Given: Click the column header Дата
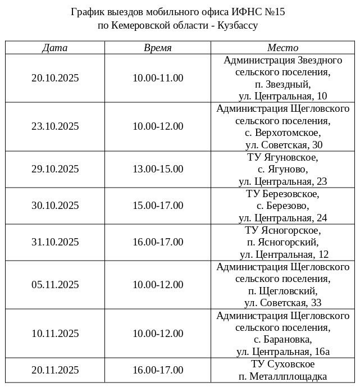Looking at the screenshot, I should (x=54, y=48).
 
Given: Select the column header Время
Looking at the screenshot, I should (x=158, y=48).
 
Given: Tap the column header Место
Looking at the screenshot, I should (x=282, y=48).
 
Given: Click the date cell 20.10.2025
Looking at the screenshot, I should (x=55, y=78).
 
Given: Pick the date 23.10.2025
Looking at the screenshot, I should (x=55, y=126).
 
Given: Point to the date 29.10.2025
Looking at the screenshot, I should (x=55, y=169).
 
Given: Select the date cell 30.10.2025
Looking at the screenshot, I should (x=55, y=206).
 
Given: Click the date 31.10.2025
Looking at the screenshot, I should (x=55, y=242).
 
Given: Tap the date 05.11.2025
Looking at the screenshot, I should (x=55, y=285).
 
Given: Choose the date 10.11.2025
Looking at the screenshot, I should (x=55, y=334).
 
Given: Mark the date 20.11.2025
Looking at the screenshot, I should (x=55, y=370).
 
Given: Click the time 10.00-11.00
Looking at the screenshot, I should (x=158, y=78).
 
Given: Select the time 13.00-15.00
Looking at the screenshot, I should (x=158, y=169).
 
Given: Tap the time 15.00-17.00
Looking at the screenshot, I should (x=158, y=206).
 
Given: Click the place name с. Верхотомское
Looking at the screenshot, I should (x=282, y=133).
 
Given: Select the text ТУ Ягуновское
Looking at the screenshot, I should (x=282, y=157).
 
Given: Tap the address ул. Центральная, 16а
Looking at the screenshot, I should (x=282, y=352).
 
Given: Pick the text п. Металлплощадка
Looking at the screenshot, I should (x=282, y=376).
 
